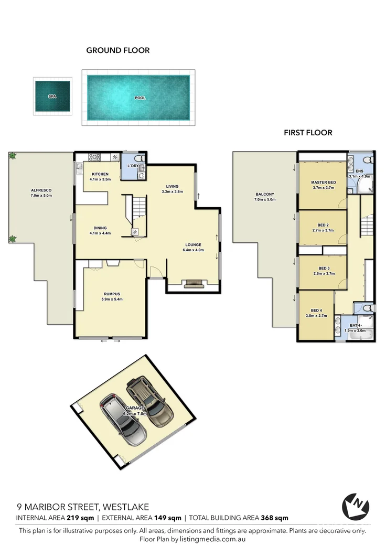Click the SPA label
pos(52,97)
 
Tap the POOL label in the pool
pos(140,98)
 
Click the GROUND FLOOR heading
pos(118,50)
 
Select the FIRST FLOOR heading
pos(308,133)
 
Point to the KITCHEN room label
pos(100,174)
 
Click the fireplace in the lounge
pos(193,284)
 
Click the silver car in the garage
pos(124,420)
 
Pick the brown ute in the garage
pos(151,401)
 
